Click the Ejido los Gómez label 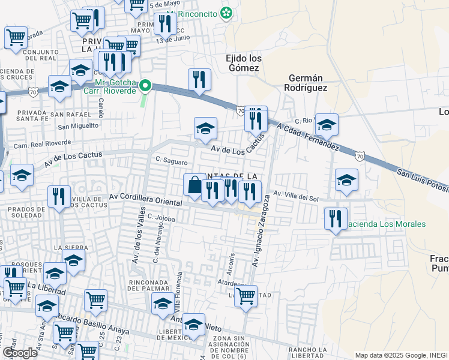coord(243,63)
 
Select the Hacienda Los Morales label coord(386,224)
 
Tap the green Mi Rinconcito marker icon coord(226,13)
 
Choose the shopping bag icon coord(194,185)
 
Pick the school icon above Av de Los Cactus coord(205,128)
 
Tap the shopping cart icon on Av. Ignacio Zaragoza coord(246,296)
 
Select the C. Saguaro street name coord(171,161)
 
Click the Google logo coord(19,352)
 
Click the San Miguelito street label coord(77,126)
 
